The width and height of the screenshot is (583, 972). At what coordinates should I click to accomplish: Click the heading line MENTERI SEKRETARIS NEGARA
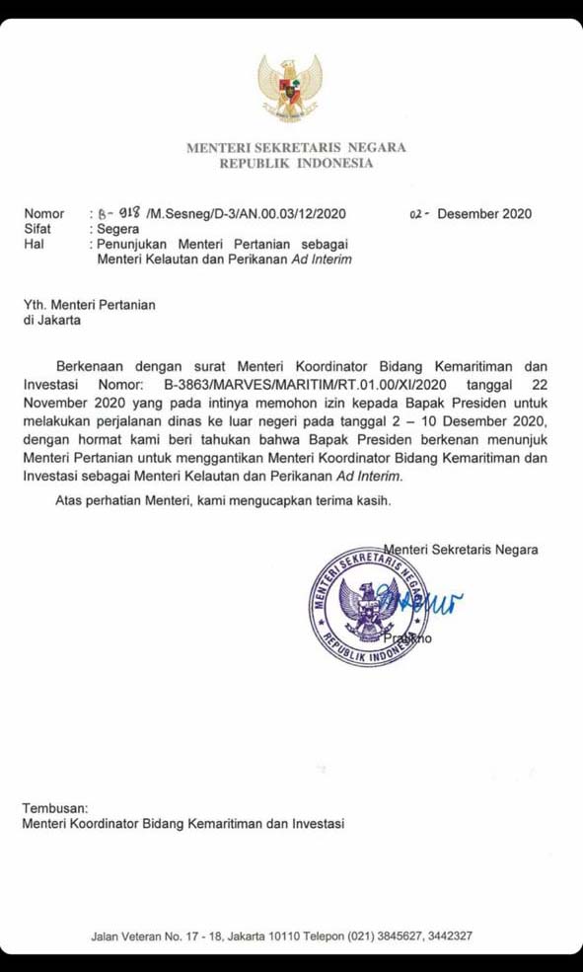click(296, 147)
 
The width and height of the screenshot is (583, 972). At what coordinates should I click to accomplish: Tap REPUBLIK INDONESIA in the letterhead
click(296, 164)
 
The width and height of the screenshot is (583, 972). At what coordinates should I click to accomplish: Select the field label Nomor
click(43, 213)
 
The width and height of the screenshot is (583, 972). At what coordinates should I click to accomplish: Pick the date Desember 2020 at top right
click(485, 213)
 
